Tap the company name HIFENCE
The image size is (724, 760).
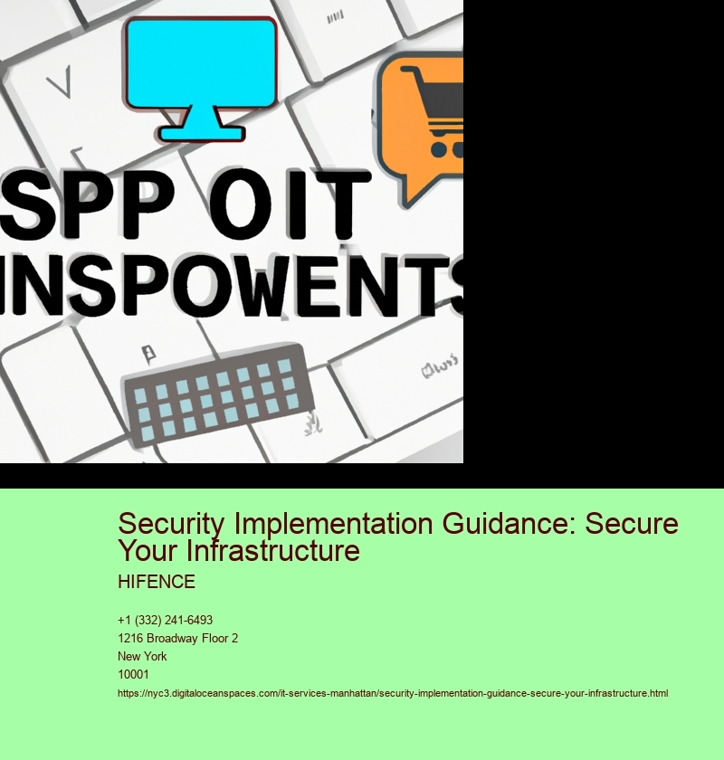pos(157,582)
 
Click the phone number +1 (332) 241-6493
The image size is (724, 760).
pos(166,620)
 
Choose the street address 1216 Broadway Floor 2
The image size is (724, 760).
pos(178,638)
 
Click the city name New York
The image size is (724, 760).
pos(142,656)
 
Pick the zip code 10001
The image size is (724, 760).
pos(134,674)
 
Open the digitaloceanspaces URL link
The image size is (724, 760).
pos(393,693)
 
